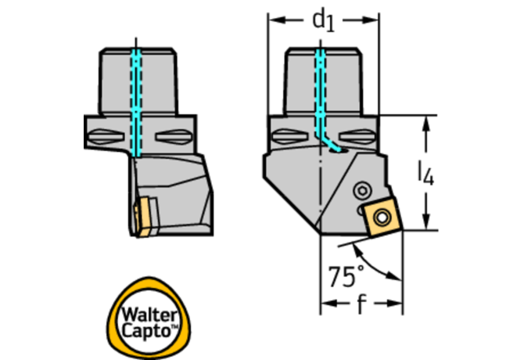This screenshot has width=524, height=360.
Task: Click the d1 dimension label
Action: pyautogui.click(x=323, y=21)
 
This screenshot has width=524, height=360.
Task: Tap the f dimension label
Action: pyautogui.click(x=361, y=304)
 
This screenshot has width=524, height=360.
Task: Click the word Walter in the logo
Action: pyautogui.click(x=149, y=315)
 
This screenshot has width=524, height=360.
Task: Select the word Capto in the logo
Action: pyautogui.click(x=146, y=330)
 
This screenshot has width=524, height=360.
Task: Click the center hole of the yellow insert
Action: pyautogui.click(x=382, y=218)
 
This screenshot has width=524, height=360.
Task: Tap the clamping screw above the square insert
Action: pyautogui.click(x=363, y=191)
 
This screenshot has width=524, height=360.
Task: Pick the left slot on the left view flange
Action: pyautogui.click(x=105, y=136)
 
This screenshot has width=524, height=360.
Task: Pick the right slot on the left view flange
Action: pyautogui.click(x=173, y=137)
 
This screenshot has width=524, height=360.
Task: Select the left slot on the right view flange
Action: pyautogui.click(x=289, y=136)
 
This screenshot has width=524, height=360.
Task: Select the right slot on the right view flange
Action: pyautogui.click(x=357, y=137)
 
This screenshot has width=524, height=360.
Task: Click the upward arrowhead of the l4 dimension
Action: pyautogui.click(x=425, y=124)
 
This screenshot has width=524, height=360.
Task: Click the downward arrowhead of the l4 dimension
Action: pyautogui.click(x=425, y=221)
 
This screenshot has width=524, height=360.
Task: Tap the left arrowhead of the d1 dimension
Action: pyautogui.click(x=277, y=20)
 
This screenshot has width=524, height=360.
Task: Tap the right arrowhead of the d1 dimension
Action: pyautogui.click(x=370, y=20)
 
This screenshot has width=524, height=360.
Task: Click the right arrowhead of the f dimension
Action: pyautogui.click(x=393, y=304)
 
